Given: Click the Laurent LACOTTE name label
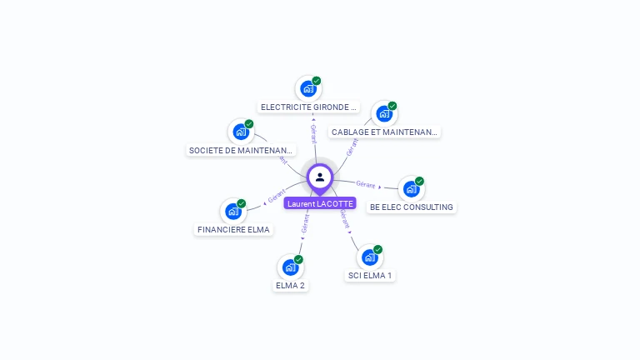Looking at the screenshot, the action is [320, 203].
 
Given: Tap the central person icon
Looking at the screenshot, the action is [320, 177].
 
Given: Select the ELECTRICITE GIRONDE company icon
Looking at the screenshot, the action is [308, 88].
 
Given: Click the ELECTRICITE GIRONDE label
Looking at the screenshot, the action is [309, 107].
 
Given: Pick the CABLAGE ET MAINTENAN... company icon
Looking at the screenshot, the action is [384, 113].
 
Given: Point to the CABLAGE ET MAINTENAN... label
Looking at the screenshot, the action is [384, 132].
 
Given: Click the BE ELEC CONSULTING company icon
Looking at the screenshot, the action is [411, 188].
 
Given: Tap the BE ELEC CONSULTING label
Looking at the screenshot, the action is [412, 207].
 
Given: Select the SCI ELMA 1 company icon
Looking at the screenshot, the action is [369, 257].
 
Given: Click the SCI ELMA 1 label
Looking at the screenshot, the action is [369, 276].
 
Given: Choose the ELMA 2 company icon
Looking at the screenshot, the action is [290, 267].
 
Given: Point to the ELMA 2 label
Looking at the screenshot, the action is [290, 286].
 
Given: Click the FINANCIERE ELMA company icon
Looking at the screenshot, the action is [233, 211].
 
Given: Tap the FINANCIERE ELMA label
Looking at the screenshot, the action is [233, 230].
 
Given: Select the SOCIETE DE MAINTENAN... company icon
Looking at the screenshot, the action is [241, 132].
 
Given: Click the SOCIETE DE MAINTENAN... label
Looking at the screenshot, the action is [241, 151].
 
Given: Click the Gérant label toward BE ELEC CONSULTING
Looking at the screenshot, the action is [365, 183].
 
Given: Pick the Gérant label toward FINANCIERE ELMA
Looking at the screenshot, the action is [277, 197].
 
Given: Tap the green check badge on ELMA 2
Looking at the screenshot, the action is [298, 259].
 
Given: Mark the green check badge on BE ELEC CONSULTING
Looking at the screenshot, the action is [419, 181].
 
